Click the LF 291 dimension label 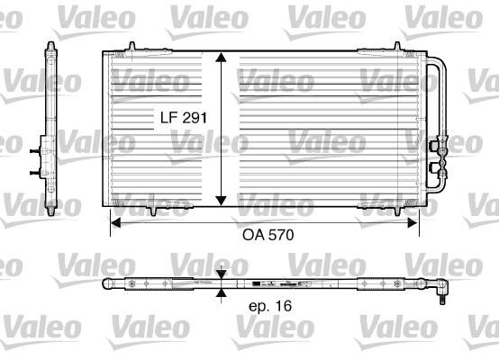coord(184,118)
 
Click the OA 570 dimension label coord(268,235)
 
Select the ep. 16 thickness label coord(270,306)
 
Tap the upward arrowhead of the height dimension coord(221,57)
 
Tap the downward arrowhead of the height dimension coord(221,201)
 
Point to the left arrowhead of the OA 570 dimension coord(115,223)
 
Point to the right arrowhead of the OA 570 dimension coord(413,223)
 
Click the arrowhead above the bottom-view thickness coord(222,275)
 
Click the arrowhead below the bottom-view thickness coord(222,293)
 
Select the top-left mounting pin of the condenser coord(132,46)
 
